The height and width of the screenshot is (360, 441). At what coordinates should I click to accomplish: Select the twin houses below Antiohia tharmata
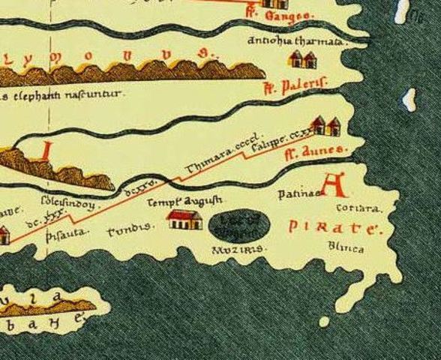[x=303, y=59]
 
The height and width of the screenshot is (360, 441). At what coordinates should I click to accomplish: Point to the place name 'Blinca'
[x=346, y=247]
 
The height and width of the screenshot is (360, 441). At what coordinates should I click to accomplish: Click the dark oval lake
[x=237, y=223]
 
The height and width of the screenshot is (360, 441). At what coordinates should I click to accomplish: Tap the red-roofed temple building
[x=184, y=219]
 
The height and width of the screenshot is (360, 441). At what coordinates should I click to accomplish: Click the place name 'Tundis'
[x=131, y=227]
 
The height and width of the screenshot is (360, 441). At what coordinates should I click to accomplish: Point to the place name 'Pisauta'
[x=67, y=232]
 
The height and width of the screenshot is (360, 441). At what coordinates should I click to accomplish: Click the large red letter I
[x=46, y=150]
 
